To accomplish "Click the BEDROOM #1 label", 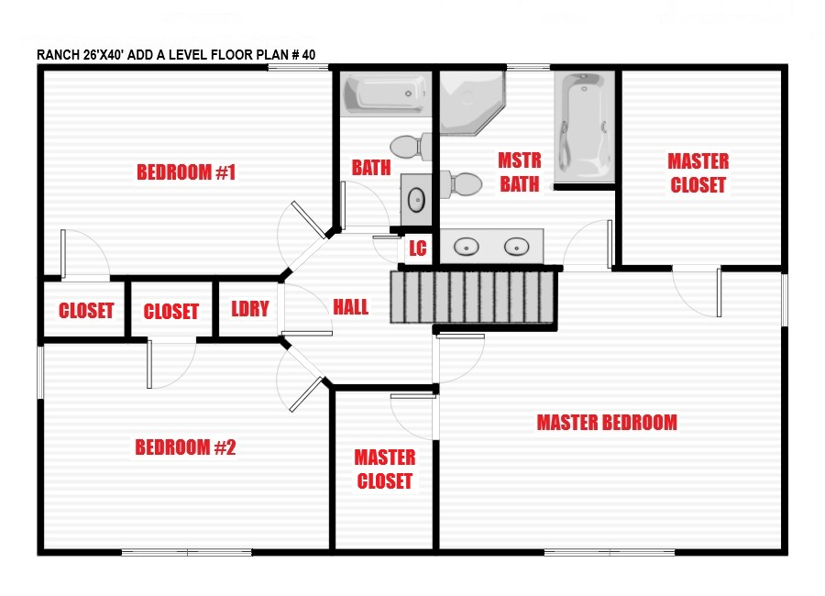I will pyautogui.click(x=187, y=172).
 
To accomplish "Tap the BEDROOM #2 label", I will pyautogui.click(x=186, y=447).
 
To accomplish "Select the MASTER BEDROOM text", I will pyautogui.click(x=607, y=422).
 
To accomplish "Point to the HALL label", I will pyautogui.click(x=351, y=307).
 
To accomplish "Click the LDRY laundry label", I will pyautogui.click(x=249, y=309).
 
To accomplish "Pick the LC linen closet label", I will pyautogui.click(x=417, y=248).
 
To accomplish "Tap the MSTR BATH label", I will pyautogui.click(x=519, y=172).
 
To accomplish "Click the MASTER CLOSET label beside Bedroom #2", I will pyautogui.click(x=384, y=469).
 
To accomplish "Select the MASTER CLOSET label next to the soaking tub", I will pyautogui.click(x=698, y=173).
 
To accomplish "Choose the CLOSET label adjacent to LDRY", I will pyautogui.click(x=171, y=312).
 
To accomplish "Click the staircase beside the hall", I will pyautogui.click(x=474, y=297).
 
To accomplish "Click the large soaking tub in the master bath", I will pyautogui.click(x=584, y=127).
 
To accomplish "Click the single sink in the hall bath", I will pyautogui.click(x=416, y=198).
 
